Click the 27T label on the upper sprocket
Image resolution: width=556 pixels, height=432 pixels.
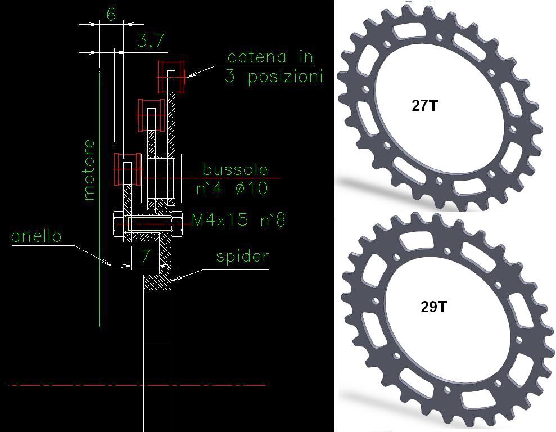(x=425, y=105)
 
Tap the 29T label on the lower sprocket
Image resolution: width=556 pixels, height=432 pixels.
(x=433, y=307)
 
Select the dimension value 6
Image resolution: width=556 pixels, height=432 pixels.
(x=111, y=15)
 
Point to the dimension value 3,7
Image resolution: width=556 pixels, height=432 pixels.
(x=151, y=40)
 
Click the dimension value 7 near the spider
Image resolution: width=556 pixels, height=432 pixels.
(x=145, y=255)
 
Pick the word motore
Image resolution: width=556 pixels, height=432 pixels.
(x=90, y=170)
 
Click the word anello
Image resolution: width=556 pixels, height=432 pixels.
(x=37, y=236)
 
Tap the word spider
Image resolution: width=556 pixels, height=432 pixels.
(x=242, y=257)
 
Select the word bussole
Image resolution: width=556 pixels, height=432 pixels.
(x=235, y=169)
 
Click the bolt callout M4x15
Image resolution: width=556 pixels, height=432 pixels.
(x=220, y=220)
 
